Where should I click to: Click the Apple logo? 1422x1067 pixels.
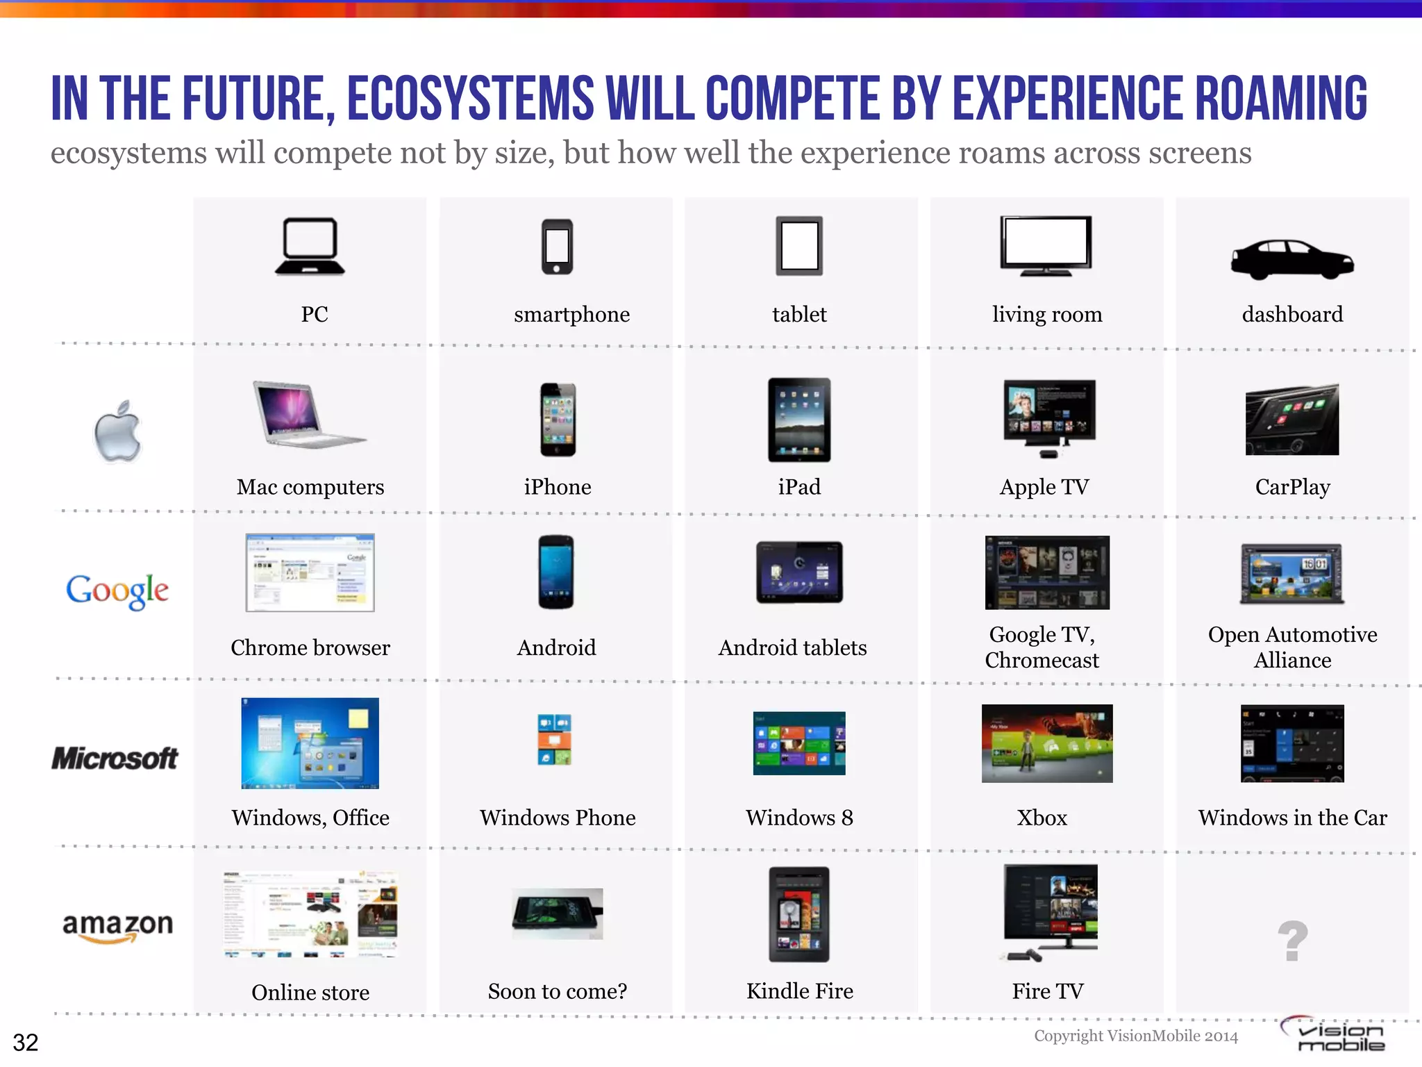[118, 431]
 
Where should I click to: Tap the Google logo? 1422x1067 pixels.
[117, 590]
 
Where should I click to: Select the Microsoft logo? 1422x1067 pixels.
[115, 758]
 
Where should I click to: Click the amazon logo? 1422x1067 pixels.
[117, 927]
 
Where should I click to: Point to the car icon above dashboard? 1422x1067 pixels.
[1291, 259]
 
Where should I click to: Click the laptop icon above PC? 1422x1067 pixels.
[310, 247]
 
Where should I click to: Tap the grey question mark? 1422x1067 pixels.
[1292, 941]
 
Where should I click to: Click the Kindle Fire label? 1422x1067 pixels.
[800, 991]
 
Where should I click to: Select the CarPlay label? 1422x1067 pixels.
[1292, 487]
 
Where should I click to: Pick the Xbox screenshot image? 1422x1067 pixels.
[1046, 743]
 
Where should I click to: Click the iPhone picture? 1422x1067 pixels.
[558, 419]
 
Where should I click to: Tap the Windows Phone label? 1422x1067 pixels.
[558, 818]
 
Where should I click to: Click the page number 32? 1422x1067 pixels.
[26, 1042]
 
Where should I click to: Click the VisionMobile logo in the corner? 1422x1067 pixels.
[1333, 1035]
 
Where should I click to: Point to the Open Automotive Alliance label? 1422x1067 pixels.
[1292, 647]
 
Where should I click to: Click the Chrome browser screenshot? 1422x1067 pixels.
[310, 572]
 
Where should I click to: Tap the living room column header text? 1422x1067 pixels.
[1046, 315]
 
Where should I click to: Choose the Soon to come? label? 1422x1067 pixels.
[558, 991]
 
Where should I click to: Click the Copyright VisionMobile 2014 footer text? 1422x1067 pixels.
[1136, 1036]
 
